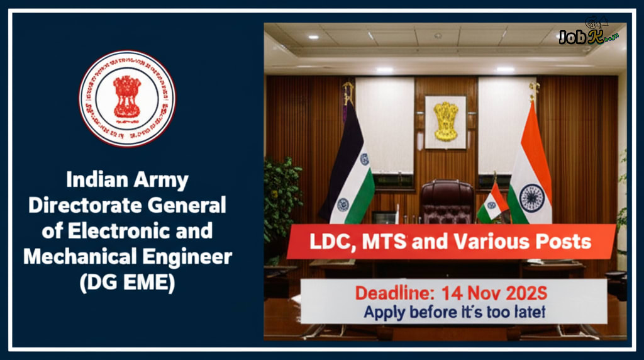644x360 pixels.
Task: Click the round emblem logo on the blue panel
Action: tap(127, 98)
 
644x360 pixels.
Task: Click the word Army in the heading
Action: tap(158, 181)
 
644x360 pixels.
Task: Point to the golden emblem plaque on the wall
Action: tap(445, 121)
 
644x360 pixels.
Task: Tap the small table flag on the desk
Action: tap(493, 203)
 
